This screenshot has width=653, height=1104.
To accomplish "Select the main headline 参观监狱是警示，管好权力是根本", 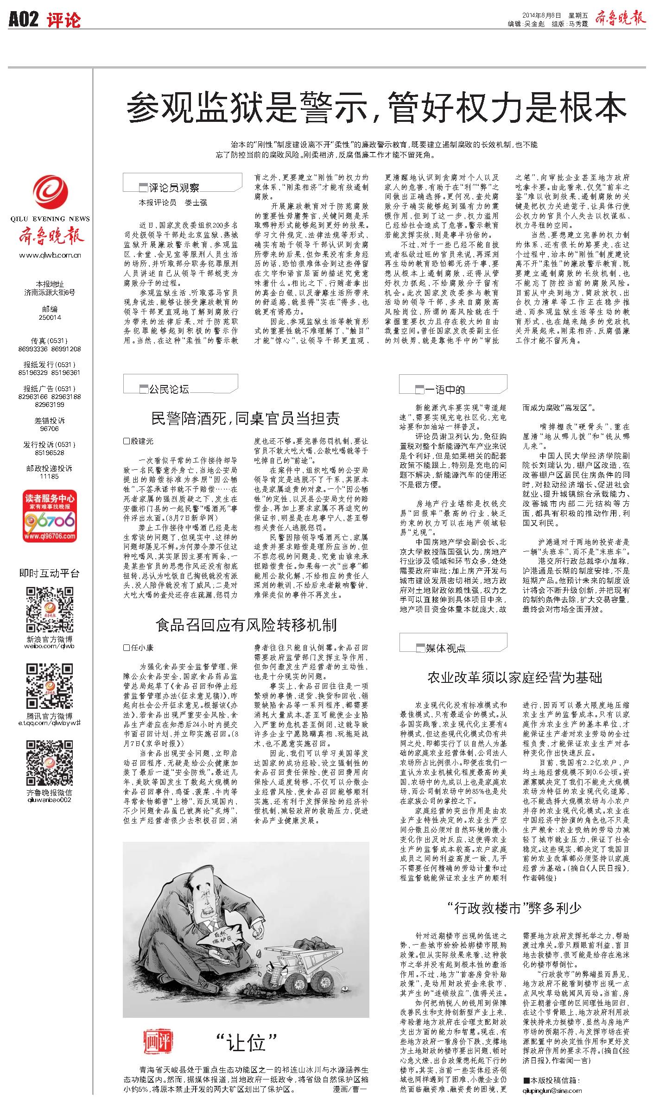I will pos(376,107).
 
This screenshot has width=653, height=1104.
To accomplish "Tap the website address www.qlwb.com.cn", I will pos(50,255).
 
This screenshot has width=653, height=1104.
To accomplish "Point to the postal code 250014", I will pos(50,317).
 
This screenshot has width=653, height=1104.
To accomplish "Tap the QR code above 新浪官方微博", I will pos(50,610).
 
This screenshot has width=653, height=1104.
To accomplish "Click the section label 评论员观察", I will pos(174,188).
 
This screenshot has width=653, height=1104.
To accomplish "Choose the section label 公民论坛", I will pos(169,389).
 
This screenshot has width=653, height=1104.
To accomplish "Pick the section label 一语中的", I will pos(444,390).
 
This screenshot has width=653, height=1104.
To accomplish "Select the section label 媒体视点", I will pos(445,648).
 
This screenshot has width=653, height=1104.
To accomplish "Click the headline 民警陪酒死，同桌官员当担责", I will pos(246,418).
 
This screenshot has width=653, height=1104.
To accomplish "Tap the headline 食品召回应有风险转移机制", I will pos(246,625).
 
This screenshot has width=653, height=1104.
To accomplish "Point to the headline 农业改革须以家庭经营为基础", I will pos(514,678).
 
